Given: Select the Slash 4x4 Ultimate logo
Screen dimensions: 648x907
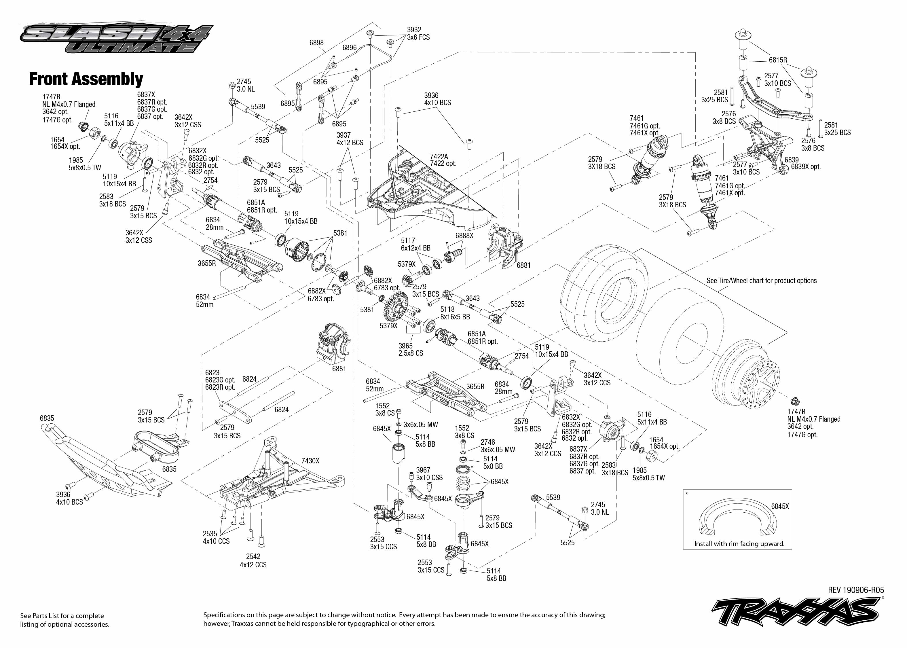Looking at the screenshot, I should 116,39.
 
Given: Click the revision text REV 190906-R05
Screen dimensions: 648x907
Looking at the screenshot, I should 855,590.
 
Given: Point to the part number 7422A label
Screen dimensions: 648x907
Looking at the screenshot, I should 439,157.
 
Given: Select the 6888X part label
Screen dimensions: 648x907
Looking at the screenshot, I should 464,235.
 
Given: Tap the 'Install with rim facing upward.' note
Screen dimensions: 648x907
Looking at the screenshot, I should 739,543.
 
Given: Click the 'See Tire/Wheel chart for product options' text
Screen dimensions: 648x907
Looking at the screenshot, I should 761,281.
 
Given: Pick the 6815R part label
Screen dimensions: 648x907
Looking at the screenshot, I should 778,60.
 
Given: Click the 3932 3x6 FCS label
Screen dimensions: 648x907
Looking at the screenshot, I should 418,33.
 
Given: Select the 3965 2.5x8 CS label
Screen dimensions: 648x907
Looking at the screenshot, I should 410,350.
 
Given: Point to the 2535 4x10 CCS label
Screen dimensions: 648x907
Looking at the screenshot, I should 216,537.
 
